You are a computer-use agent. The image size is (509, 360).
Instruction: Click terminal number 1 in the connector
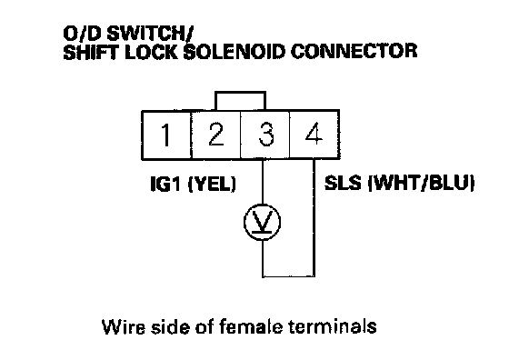(166, 135)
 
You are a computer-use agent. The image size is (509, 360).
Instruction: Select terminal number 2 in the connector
(216, 135)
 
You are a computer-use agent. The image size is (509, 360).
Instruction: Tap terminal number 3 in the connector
(265, 135)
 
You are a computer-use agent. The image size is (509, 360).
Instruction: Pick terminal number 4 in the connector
(314, 135)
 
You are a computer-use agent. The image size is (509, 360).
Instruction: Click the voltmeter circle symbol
(263, 222)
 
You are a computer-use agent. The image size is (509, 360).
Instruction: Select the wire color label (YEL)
(212, 184)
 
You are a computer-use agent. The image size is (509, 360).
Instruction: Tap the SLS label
(343, 183)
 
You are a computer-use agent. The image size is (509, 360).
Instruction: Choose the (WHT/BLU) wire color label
(421, 184)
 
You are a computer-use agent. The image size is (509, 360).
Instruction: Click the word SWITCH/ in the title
(150, 34)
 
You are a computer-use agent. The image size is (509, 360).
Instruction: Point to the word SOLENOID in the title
(235, 51)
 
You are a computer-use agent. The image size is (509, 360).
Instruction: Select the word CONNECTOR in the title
(354, 51)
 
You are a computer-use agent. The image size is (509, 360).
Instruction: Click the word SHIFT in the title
(92, 52)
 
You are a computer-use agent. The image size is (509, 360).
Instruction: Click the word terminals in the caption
(333, 326)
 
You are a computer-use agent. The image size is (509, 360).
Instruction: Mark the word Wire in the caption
(124, 326)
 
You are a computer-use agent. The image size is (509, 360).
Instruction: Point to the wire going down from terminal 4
(314, 218)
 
